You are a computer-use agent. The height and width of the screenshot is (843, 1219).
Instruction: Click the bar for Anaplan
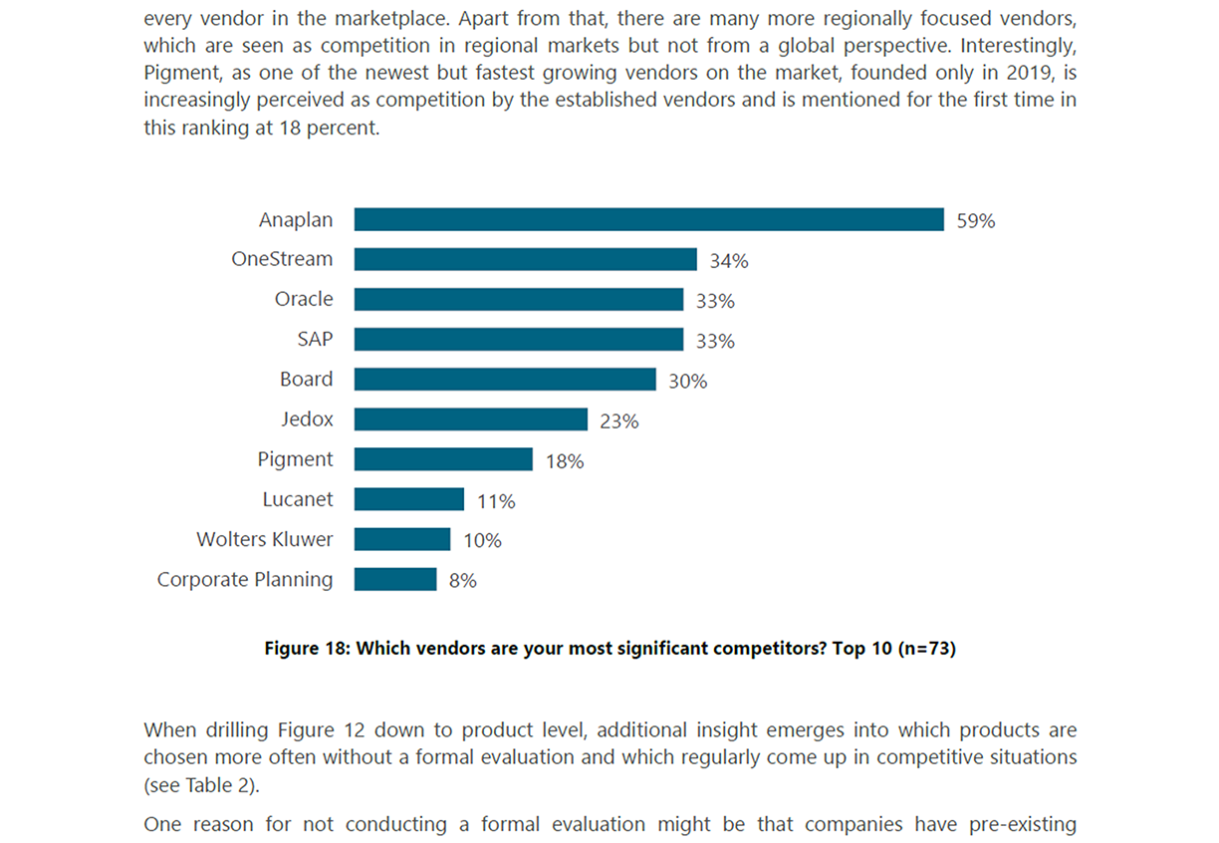coord(648,219)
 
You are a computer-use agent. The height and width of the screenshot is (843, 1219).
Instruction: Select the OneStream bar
coord(525,259)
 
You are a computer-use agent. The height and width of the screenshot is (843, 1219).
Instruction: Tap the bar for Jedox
coord(470,420)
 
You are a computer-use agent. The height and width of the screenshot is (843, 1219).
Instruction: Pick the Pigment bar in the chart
coord(443,459)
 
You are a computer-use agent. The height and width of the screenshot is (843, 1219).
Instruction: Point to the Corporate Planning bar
coord(395,579)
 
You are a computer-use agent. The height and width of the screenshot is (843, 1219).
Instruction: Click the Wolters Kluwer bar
coord(402,539)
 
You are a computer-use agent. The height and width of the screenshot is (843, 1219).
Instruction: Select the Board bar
coord(505,380)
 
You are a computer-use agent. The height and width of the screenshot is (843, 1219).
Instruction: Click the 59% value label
coord(976,221)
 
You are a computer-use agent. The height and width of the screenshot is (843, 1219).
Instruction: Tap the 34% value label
coord(729,261)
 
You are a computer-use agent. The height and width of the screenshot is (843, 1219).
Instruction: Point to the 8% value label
coord(463,581)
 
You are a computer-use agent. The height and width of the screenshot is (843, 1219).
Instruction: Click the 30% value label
coord(688,382)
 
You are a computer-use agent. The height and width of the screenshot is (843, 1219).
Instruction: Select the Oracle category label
coord(304,299)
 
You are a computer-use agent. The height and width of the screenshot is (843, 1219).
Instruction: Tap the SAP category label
coord(315,339)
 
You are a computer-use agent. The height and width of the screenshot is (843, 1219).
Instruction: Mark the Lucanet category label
coord(298,499)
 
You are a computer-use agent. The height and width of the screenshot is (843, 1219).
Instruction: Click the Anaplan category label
coord(296,219)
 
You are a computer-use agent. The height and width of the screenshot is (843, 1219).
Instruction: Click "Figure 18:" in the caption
coord(307,649)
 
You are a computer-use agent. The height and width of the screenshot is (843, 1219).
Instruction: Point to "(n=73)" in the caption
coord(926,649)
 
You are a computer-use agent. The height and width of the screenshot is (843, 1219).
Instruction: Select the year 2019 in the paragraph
coord(1037,73)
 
